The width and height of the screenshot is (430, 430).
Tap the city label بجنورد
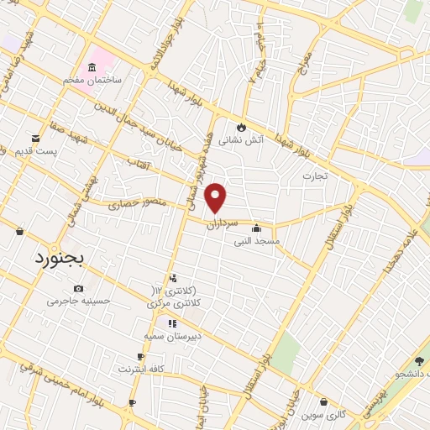[x=60, y=259]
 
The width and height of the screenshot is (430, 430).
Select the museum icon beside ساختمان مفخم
[x=92, y=66]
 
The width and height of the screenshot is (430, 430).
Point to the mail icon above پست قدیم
[x=35, y=138]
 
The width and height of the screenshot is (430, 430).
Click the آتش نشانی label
[x=241, y=140]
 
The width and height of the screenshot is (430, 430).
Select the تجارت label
[x=314, y=176]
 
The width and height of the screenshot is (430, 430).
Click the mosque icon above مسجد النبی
[x=256, y=228]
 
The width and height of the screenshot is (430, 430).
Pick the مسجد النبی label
[x=256, y=240]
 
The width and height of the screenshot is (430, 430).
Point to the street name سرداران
[x=245, y=223]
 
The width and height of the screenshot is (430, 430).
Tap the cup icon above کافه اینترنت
[x=140, y=357]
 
